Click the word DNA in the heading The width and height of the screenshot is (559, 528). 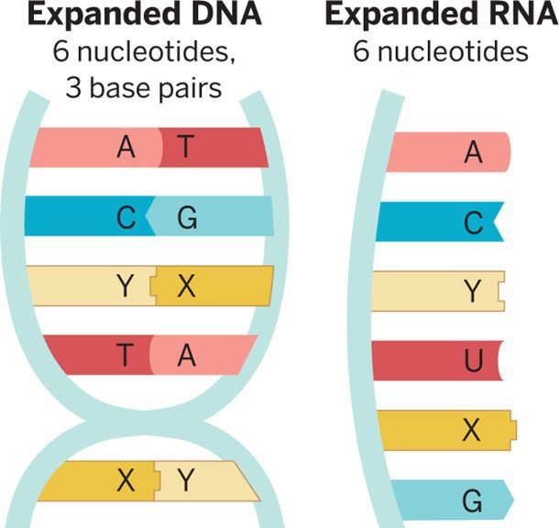point(224,16)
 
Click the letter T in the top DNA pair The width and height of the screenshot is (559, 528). point(186,147)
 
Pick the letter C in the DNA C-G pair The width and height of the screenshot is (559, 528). point(126,218)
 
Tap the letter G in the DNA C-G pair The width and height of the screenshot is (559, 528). point(186,218)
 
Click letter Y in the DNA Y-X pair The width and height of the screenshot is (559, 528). point(126,286)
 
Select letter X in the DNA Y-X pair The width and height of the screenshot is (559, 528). point(186,286)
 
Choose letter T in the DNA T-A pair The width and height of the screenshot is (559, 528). point(126,356)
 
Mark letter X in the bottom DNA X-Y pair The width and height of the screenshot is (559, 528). point(126,480)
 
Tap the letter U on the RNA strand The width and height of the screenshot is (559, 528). point(473,362)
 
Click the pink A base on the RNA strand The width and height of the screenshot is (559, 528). point(449,152)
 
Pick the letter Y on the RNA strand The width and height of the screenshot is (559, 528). point(473,292)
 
